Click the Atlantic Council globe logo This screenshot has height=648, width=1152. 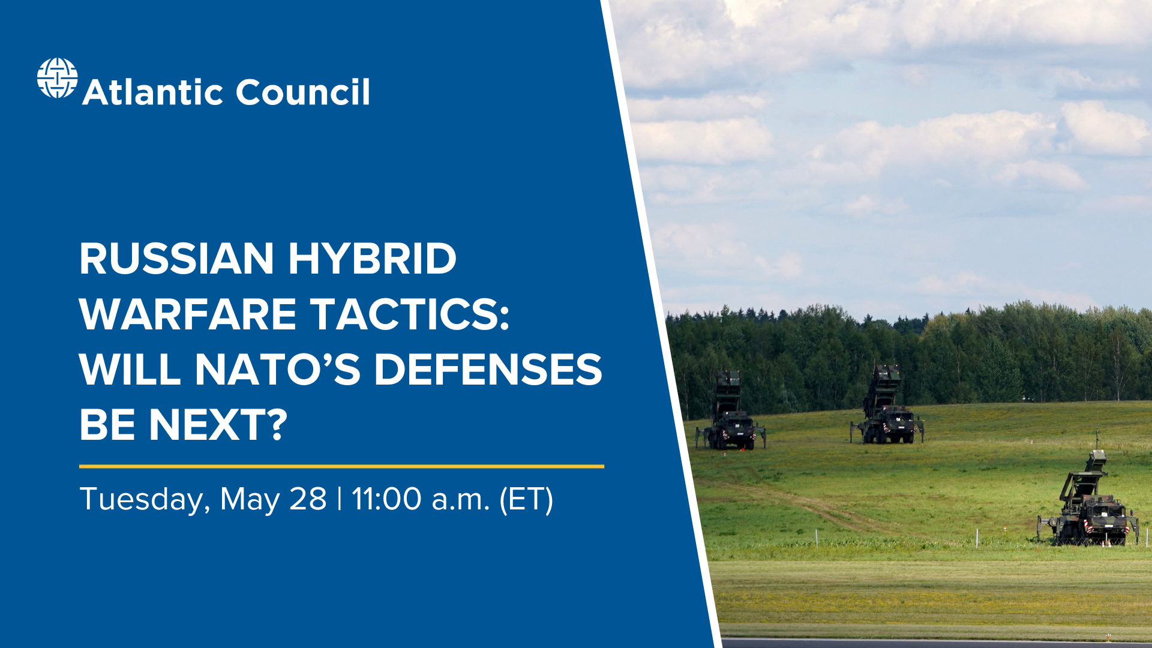[57, 78]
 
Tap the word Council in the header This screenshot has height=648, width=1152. [302, 92]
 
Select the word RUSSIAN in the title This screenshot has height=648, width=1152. [176, 259]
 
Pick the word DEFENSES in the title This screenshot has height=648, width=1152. [488, 369]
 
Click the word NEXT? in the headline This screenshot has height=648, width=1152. [218, 424]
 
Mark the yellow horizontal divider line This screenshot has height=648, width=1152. [341, 466]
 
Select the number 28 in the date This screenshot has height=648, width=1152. [308, 499]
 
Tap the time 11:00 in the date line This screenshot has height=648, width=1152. [386, 499]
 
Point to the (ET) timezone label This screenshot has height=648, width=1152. [526, 499]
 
